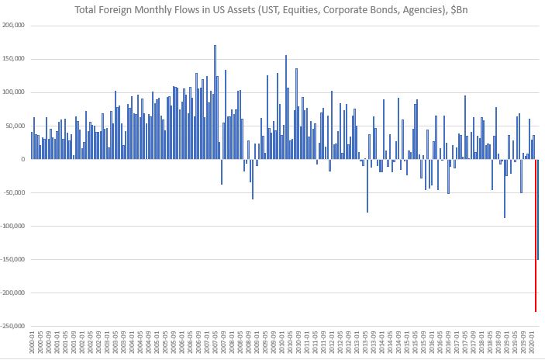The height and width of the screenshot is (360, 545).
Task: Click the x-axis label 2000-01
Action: (x=32, y=343)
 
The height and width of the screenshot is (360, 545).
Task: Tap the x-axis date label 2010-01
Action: (x=286, y=343)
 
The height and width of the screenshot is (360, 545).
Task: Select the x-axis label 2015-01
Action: (x=408, y=343)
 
